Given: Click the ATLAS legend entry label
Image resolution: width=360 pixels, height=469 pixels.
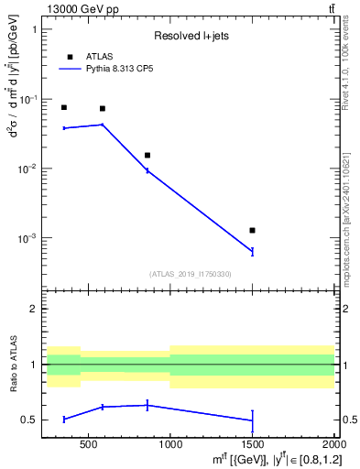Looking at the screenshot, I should pyautogui.click(x=99, y=57).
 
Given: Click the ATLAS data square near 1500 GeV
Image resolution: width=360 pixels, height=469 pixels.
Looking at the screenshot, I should pyautogui.click(x=252, y=230).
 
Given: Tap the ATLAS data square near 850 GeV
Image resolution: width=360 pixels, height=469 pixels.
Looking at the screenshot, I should pyautogui.click(x=147, y=155).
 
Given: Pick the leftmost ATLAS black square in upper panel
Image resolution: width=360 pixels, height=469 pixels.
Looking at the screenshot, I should pyautogui.click(x=64, y=107).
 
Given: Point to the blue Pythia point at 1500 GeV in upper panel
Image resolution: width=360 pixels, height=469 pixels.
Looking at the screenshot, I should pyautogui.click(x=252, y=251).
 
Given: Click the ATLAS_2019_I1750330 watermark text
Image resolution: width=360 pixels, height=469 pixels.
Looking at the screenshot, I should pyautogui.click(x=190, y=274).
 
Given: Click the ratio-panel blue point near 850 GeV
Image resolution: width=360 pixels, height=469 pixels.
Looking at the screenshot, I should pyautogui.click(x=147, y=405).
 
